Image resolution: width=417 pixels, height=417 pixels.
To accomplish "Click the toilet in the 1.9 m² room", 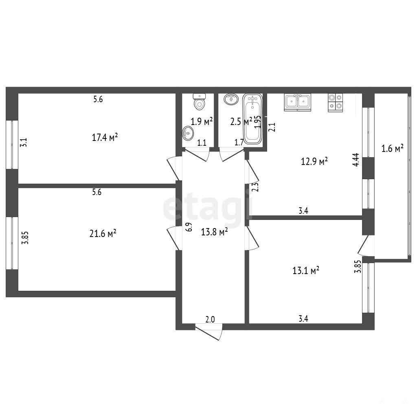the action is [x=200, y=102].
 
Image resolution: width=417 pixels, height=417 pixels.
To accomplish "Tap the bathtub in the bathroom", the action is [x=252, y=119].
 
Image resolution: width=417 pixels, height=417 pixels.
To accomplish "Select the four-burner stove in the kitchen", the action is [x=336, y=103].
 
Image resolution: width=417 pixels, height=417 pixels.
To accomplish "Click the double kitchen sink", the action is [x=297, y=102].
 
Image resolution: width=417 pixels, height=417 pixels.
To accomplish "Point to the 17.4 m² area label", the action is [x=105, y=138].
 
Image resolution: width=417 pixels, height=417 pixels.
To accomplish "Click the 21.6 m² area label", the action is [x=103, y=234].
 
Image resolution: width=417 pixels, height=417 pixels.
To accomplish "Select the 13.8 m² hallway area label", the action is [x=214, y=232].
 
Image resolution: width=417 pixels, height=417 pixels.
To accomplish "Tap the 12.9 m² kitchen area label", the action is [x=314, y=161].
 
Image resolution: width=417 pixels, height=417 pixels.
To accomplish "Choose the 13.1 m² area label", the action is [x=306, y=270].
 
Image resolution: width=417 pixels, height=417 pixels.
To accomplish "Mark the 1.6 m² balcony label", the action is [x=393, y=148].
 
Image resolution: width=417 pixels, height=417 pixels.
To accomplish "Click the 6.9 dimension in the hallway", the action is [x=189, y=227].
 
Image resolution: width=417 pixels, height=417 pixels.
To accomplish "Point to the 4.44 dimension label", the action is [x=356, y=160].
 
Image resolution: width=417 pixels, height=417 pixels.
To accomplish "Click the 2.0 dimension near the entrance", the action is [x=210, y=319].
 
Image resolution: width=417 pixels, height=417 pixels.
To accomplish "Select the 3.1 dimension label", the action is [x=24, y=143].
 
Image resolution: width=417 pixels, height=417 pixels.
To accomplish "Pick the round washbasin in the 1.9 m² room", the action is [x=188, y=133].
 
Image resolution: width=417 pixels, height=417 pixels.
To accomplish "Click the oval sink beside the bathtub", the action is [x=231, y=99].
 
